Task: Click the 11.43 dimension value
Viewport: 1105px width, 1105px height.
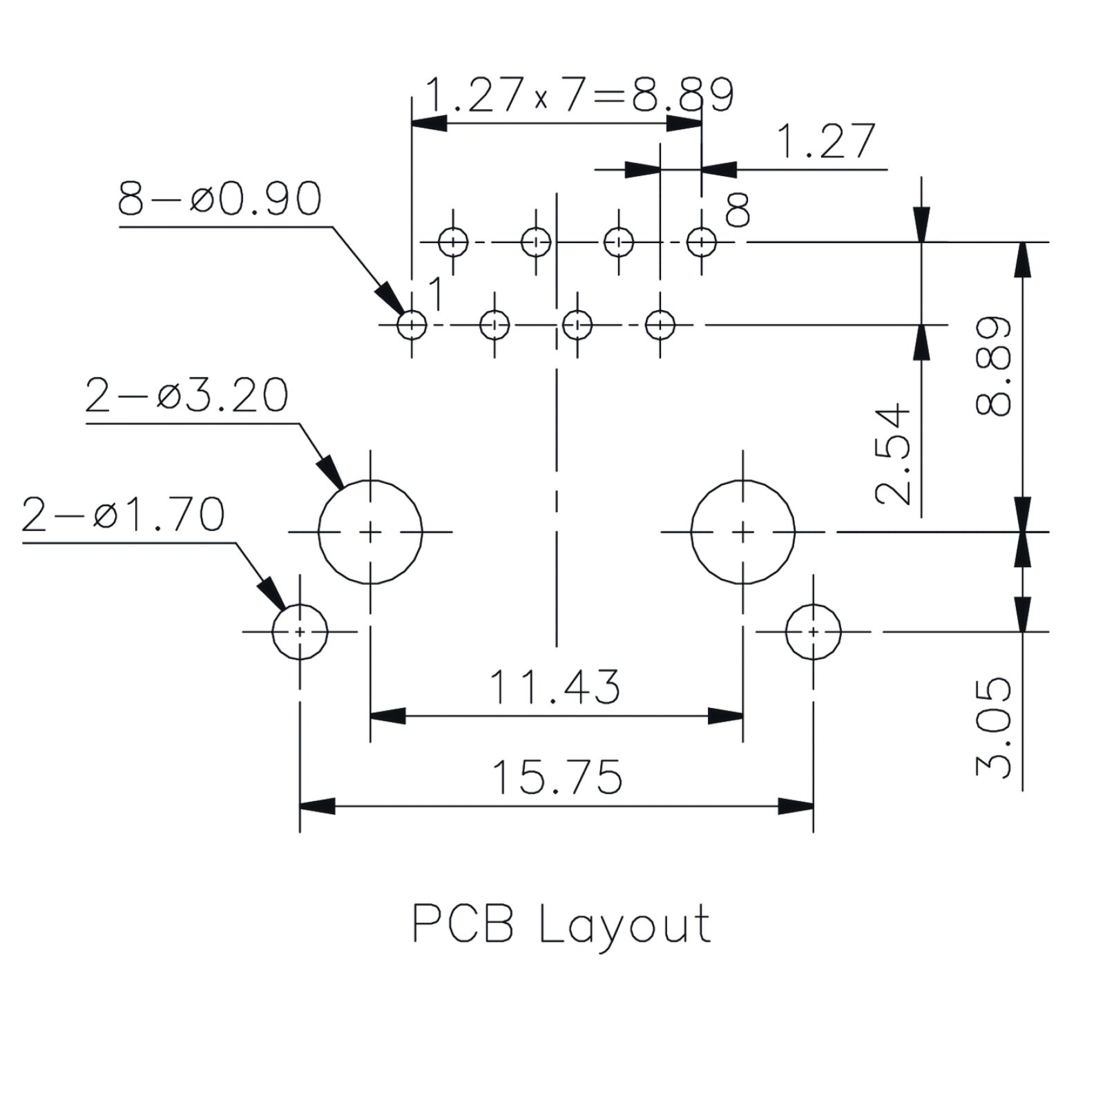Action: (555, 687)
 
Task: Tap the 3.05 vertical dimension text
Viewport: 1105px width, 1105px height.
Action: (994, 727)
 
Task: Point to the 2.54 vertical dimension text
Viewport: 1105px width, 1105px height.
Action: (892, 454)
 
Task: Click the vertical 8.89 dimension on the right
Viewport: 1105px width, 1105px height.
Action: (994, 366)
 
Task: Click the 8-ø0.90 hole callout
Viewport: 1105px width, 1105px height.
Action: (220, 199)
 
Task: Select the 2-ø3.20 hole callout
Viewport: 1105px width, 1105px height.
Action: (186, 396)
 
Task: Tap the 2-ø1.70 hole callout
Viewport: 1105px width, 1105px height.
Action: (123, 515)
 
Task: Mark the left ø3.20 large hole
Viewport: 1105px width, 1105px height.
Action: (318, 532)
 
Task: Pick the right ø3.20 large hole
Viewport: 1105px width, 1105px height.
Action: (691, 532)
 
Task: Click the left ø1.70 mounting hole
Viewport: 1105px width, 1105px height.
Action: (272, 631)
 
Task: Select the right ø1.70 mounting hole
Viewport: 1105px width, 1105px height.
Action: (786, 631)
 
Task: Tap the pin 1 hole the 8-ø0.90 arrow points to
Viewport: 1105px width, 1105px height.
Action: (398, 325)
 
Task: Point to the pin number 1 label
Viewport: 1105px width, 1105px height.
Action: (436, 294)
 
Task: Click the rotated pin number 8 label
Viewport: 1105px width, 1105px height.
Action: (738, 210)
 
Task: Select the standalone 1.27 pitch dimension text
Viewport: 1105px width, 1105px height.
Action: (826, 142)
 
